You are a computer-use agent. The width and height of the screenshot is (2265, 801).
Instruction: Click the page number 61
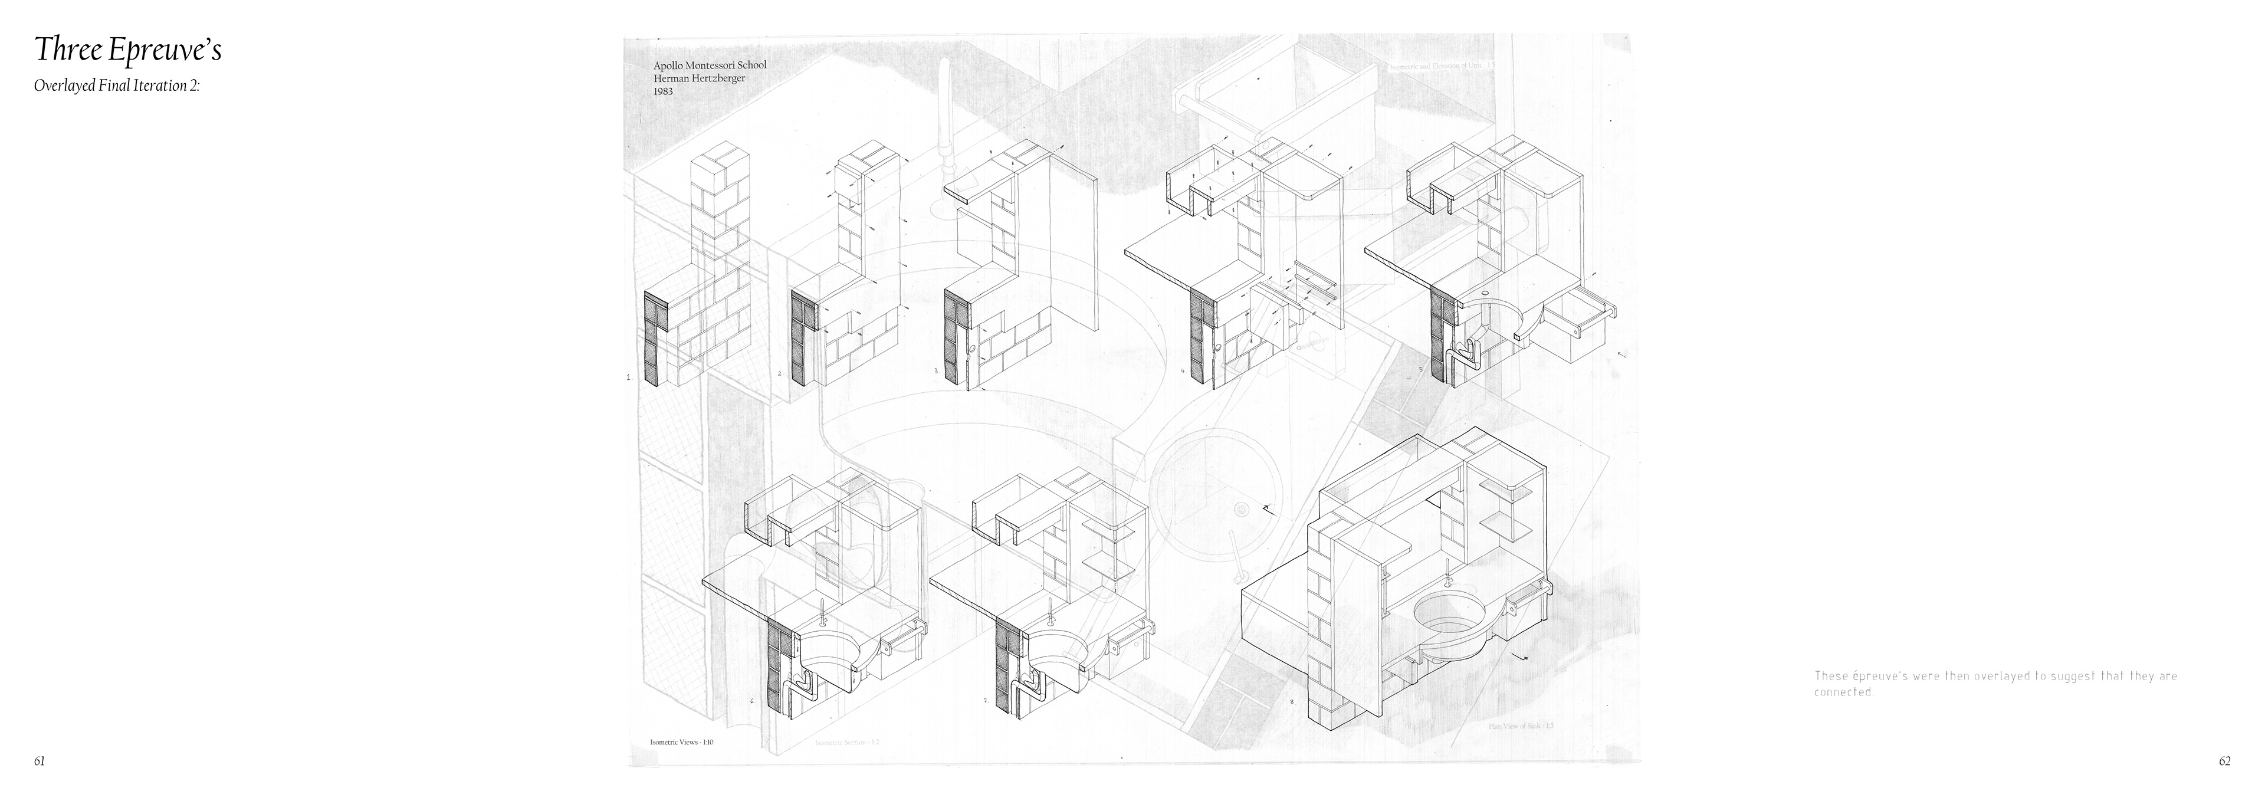[x=40, y=761]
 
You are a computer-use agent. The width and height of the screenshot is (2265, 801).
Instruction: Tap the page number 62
[x=2224, y=761]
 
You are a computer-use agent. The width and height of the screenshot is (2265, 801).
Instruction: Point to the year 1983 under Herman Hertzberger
[x=663, y=91]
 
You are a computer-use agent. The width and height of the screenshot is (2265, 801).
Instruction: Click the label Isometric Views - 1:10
[x=681, y=742]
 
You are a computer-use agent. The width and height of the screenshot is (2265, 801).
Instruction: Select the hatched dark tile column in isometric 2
[x=802, y=337]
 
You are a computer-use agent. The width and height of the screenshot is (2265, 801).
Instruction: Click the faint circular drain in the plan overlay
[x=1242, y=509]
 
